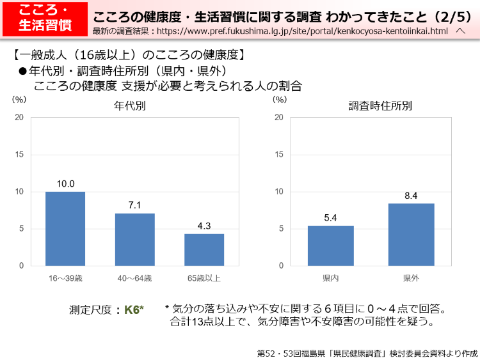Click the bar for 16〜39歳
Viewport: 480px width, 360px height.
point(65,228)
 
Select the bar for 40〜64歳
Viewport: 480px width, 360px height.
point(135,239)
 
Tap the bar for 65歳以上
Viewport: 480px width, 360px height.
point(204,249)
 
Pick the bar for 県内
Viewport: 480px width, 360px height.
point(331,246)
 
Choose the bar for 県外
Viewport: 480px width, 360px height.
point(411,234)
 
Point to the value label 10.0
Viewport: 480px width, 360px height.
point(65,184)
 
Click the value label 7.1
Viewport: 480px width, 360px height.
point(135,205)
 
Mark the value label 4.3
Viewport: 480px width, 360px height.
point(204,226)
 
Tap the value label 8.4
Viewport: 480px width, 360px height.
point(411,196)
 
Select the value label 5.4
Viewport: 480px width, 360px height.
point(331,218)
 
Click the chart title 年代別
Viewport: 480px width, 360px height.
point(130,106)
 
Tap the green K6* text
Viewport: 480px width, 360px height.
point(134,309)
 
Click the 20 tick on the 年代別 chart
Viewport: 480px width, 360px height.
point(20,118)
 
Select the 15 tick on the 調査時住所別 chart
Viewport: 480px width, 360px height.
point(278,155)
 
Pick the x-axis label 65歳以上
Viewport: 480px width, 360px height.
point(204,278)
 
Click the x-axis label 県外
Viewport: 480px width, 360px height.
point(411,278)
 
